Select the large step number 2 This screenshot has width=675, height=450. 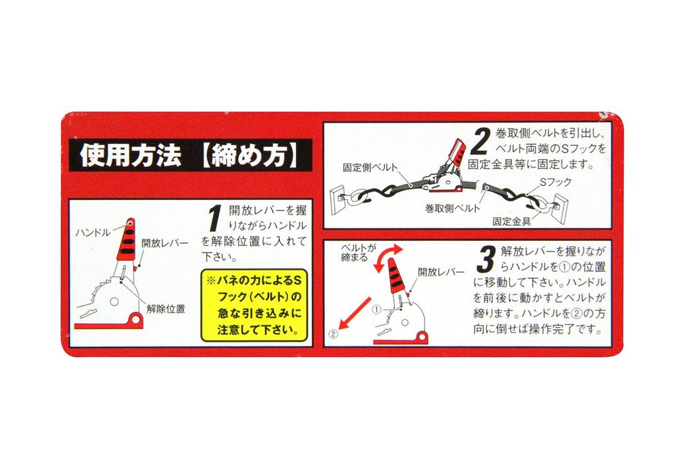480,141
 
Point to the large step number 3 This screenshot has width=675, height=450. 486,260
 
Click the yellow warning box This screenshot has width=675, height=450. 254,305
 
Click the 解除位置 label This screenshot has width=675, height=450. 165,309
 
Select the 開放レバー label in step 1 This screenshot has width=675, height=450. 165,243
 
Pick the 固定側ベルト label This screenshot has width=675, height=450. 370,168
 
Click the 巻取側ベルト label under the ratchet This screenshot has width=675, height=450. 452,209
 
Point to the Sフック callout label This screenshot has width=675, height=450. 555,182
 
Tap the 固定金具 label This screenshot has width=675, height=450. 512,222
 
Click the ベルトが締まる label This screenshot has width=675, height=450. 358,253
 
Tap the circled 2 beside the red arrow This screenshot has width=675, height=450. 333,333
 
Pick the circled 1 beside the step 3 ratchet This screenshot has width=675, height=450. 376,309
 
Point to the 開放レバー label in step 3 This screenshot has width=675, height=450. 441,272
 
